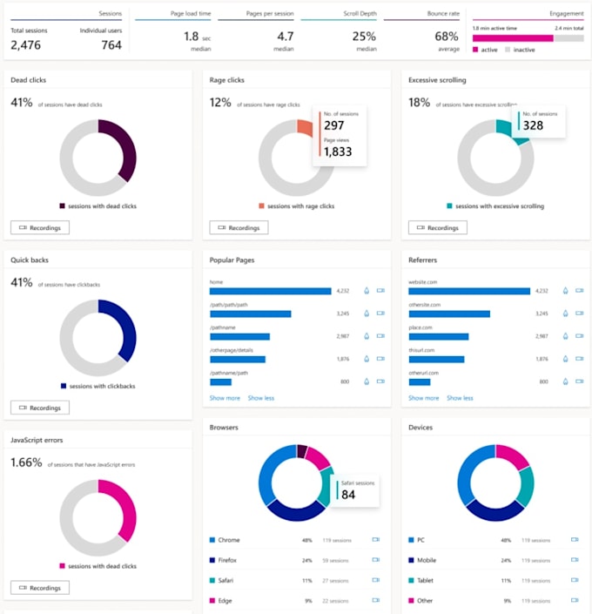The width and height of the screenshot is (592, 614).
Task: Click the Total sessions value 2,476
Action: point(25,45)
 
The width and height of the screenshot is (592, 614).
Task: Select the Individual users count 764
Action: point(111,45)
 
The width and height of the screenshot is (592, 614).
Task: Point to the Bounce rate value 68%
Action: point(447,37)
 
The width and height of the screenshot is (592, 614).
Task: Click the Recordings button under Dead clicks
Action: point(40,227)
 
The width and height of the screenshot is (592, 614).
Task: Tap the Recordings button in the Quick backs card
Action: point(40,408)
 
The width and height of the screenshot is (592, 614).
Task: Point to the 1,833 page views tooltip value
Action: point(337,152)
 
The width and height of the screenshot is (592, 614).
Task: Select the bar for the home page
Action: point(270,291)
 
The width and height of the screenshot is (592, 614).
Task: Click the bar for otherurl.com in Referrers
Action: point(420,381)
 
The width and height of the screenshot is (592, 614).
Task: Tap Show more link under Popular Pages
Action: point(225,398)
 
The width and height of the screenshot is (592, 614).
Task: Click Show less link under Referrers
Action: point(460,398)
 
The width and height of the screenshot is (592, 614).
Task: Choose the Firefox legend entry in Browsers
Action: point(228,560)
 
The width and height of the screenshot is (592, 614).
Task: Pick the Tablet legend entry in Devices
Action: point(425,580)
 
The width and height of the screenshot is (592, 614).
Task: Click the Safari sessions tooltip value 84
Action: point(348,495)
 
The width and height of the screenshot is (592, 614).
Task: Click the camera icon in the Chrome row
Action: point(376,540)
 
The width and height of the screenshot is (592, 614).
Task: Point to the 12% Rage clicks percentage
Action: point(219,103)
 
